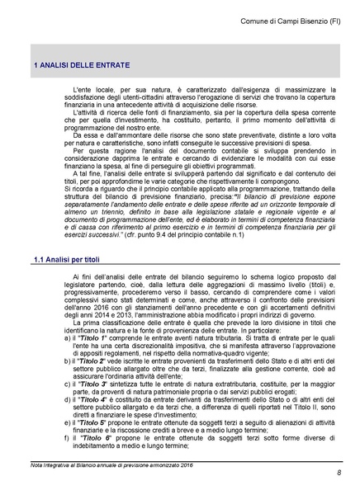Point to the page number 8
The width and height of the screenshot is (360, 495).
click(x=339, y=471)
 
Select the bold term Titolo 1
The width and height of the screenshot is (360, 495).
click(x=95, y=340)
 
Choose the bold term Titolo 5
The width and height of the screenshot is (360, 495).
click(x=96, y=422)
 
